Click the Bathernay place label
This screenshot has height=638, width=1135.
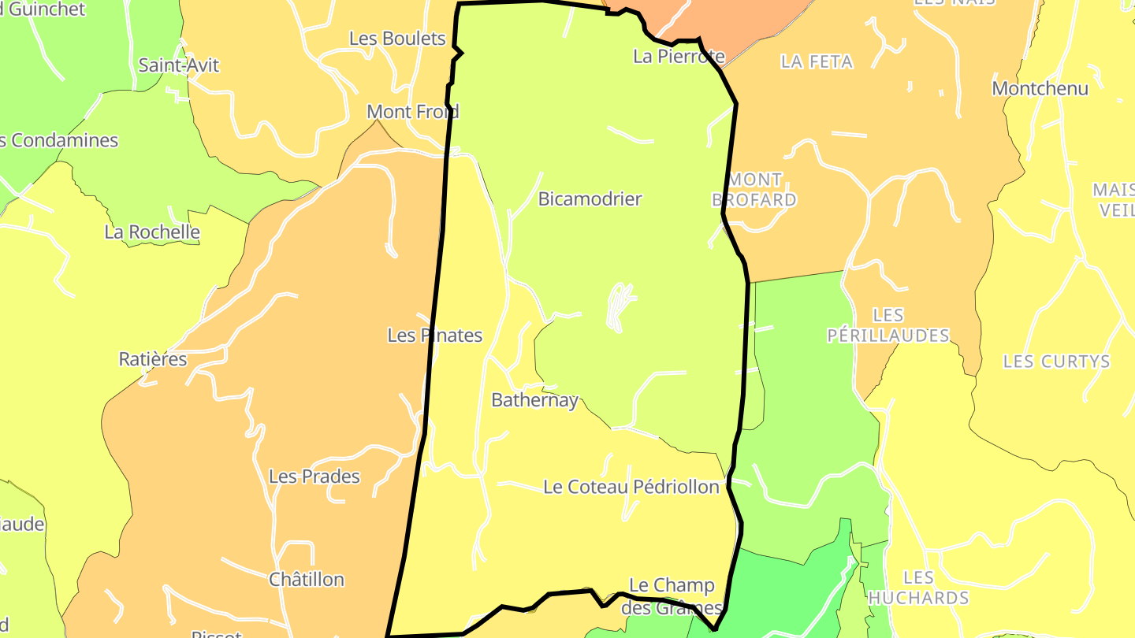coord(534,400)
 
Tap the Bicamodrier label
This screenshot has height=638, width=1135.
coord(590,199)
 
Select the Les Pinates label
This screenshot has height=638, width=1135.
coord(434,336)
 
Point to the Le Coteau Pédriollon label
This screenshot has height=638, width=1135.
coord(631,487)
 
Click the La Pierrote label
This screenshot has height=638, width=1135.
coord(679,57)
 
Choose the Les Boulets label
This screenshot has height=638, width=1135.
coord(397,38)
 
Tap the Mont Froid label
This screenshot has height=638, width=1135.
coord(413,112)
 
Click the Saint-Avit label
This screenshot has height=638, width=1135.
coord(179,65)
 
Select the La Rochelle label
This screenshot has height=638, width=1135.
coord(152,232)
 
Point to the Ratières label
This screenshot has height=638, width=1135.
coord(153,359)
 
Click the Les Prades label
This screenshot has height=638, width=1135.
coord(314,477)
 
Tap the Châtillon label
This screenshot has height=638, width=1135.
coord(307,580)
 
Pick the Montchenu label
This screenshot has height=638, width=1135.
coord(1040,88)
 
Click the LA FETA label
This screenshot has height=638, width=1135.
coord(817,61)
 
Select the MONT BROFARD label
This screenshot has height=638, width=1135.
coord(754,190)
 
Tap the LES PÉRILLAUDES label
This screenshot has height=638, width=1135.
coord(888,325)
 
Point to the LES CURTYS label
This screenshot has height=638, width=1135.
coord(1056,362)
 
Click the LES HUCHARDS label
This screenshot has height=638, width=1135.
coord(918,588)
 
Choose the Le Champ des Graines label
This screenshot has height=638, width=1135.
coord(672,596)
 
